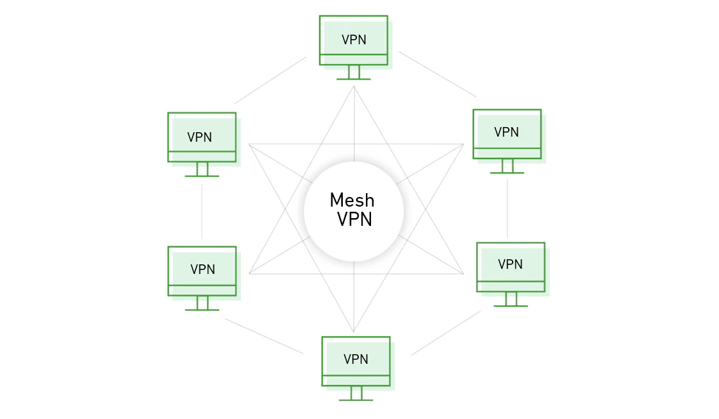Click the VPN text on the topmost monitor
[x=354, y=40]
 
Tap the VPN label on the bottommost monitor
[x=356, y=359]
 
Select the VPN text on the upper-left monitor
[x=199, y=137]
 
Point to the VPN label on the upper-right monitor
[x=506, y=132]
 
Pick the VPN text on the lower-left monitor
[x=202, y=269]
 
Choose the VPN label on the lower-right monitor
[x=510, y=264]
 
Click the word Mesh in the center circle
[x=352, y=201]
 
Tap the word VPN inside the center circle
[x=354, y=219]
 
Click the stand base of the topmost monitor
[x=354, y=79]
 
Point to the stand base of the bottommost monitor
[x=356, y=400]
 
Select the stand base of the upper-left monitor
[x=202, y=176]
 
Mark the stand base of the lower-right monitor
[x=510, y=305]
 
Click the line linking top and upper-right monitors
[x=438, y=74]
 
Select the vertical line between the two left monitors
[x=202, y=212]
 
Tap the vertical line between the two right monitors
[x=507, y=209]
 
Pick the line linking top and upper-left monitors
[x=270, y=80]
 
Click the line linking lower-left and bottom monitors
[x=264, y=336]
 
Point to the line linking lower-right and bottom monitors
[x=446, y=333]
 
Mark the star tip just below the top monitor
[x=354, y=86]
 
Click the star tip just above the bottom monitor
[x=354, y=331]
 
